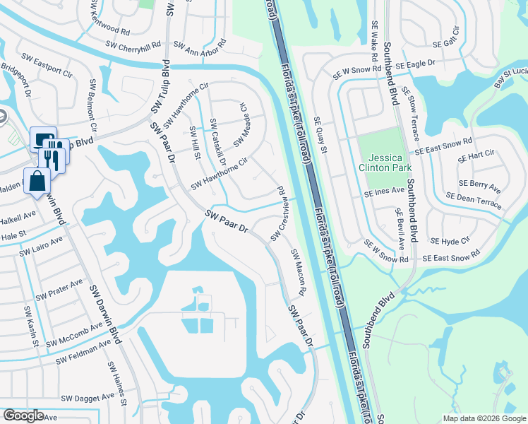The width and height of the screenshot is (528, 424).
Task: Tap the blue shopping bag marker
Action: tap(37, 182)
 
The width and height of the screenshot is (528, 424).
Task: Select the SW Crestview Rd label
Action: tap(276, 212)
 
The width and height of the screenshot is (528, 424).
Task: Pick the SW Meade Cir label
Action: tap(241, 124)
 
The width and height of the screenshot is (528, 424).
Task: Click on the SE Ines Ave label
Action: tap(384, 192)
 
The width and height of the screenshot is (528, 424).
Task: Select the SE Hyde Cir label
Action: tap(450, 241)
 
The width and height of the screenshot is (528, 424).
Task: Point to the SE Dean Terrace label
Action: tap(474, 201)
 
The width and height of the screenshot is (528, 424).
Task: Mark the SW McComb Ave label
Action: tap(75, 336)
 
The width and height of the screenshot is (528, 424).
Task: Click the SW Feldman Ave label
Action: tap(85, 352)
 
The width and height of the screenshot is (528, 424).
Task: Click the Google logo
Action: tap(23, 416)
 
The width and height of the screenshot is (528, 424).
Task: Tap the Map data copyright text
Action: tap(484, 418)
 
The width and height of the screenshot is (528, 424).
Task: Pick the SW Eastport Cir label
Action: tap(47, 64)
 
